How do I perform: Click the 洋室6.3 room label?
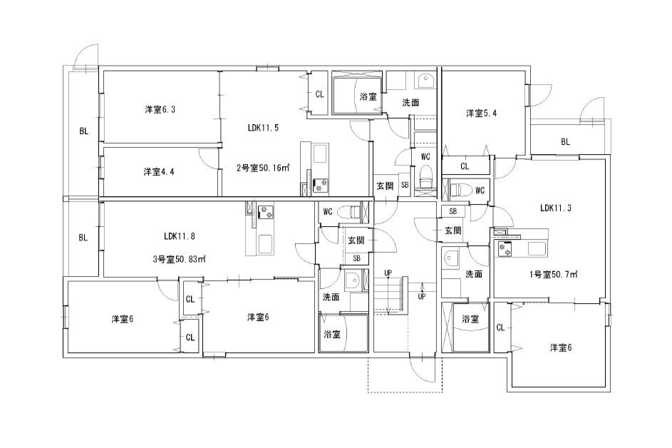[x=160, y=109]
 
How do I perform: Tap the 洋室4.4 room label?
[x=159, y=172]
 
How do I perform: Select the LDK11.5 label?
[x=263, y=128]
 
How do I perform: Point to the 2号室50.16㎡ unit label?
[x=263, y=168]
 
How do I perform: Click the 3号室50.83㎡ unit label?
[x=180, y=259]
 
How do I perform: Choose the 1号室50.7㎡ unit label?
[x=553, y=274]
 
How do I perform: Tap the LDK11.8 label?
[x=180, y=235]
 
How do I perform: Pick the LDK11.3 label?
[x=555, y=208]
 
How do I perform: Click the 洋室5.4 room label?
[x=481, y=113]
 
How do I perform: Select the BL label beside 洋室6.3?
[x=83, y=131]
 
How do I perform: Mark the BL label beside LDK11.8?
[x=83, y=238]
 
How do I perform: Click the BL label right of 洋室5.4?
[x=565, y=142]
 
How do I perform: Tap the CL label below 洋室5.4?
[x=465, y=166]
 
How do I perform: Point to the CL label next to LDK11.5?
[x=319, y=94]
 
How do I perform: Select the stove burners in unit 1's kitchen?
[x=505, y=249]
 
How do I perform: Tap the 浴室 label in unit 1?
[x=470, y=319]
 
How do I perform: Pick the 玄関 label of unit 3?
[x=356, y=240]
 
